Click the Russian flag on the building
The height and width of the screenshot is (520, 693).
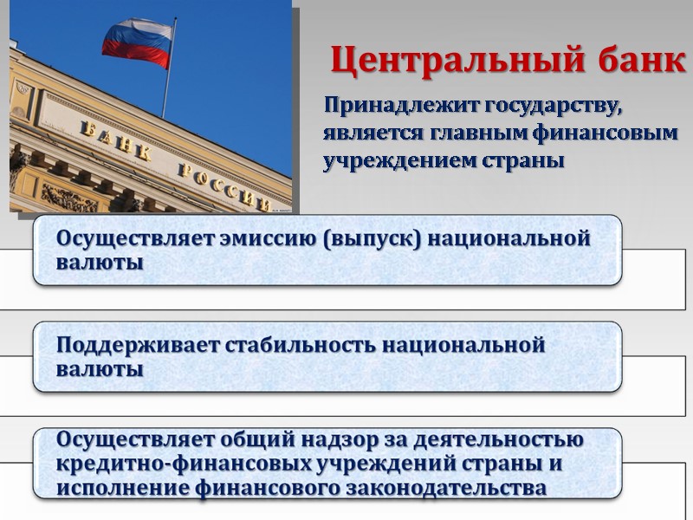138,43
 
